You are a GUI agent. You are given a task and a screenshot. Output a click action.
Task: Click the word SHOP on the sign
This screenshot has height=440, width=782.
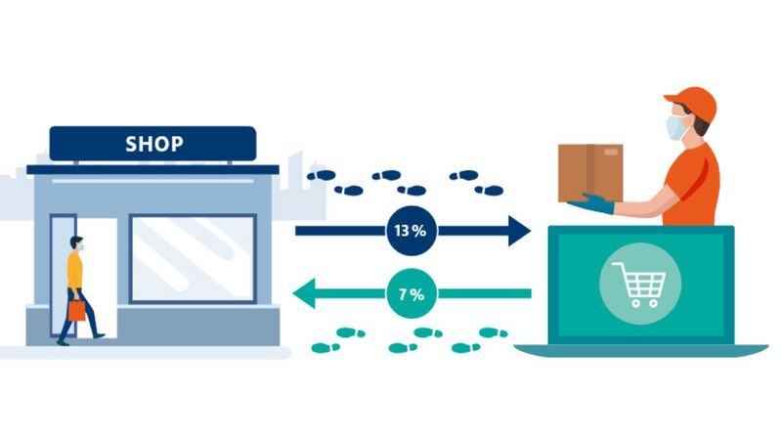click(x=153, y=144)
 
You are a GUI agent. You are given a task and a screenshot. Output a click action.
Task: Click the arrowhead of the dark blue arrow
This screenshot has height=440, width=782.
click(x=517, y=232)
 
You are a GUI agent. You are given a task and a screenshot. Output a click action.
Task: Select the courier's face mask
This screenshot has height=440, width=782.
click(x=677, y=128)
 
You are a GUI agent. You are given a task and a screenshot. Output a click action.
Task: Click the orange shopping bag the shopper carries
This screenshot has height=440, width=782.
click(x=76, y=310)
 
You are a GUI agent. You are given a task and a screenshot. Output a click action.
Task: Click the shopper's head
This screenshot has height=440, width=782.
click(x=76, y=243)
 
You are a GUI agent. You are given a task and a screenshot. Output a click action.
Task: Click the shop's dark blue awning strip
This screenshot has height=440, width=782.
click(x=152, y=169)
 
